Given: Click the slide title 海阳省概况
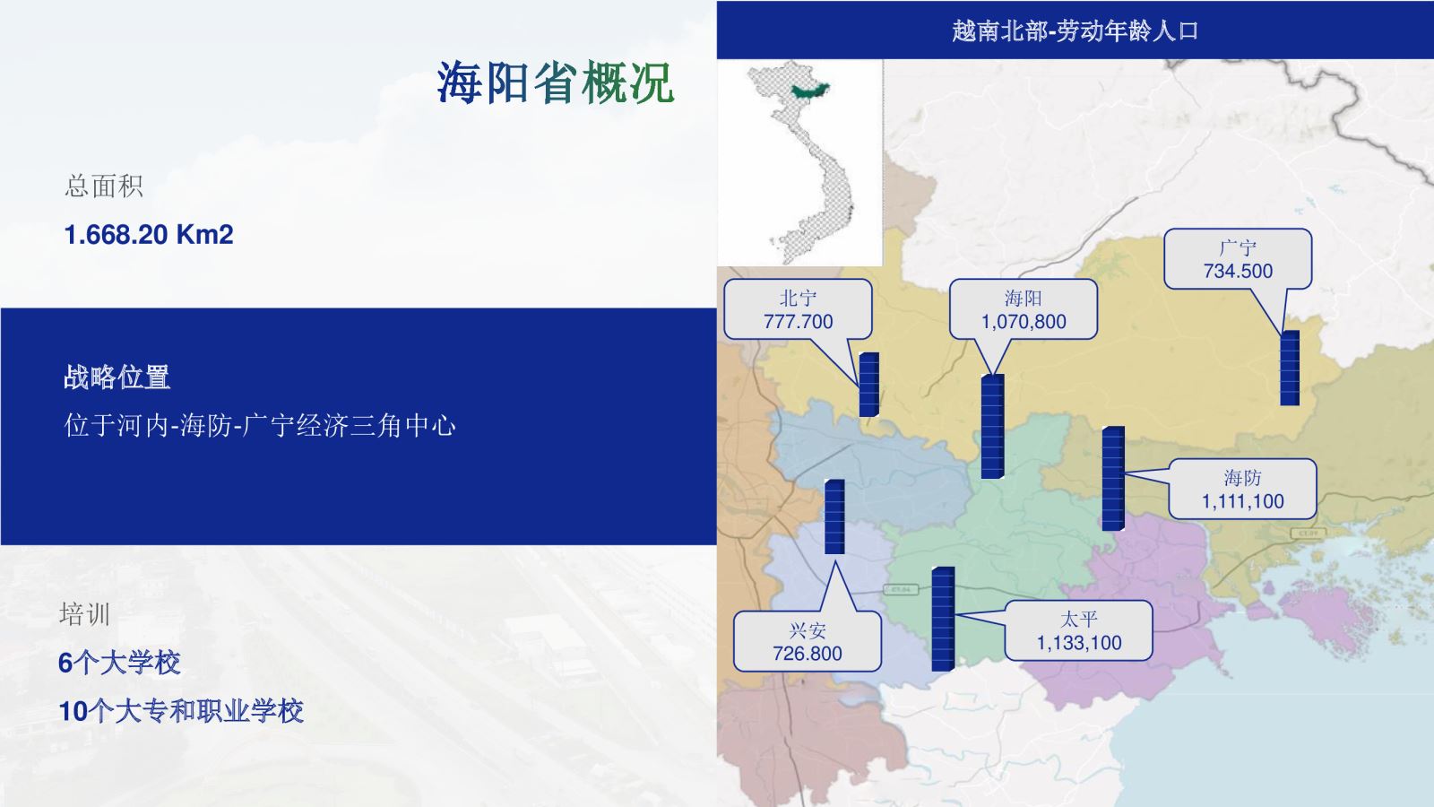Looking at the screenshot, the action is (x=555, y=82).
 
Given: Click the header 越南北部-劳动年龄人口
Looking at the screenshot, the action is (x=1075, y=30).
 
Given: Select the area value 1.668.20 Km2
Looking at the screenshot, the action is (x=149, y=234).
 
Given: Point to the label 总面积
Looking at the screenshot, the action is (x=104, y=187).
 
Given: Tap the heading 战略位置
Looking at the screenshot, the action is (x=117, y=377).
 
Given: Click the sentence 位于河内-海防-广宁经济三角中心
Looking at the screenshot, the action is (x=260, y=425).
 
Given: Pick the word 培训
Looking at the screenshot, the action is (x=84, y=613).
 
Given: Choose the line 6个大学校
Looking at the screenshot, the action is (x=119, y=663).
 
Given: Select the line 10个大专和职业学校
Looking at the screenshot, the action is (x=180, y=711).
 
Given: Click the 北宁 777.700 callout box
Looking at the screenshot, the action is (x=798, y=309).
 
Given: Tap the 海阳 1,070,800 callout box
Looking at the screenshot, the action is (x=1023, y=309).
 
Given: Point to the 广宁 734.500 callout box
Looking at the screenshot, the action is (x=1238, y=259).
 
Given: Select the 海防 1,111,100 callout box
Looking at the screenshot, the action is (x=1242, y=489).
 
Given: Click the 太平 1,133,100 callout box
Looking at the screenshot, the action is (x=1079, y=630).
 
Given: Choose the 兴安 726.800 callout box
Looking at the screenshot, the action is (x=807, y=641).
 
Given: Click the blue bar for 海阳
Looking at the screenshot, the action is (x=992, y=427).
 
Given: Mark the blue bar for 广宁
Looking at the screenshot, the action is (x=1290, y=368).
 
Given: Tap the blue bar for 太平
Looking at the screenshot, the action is (x=943, y=619).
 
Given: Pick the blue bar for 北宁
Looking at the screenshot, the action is (x=868, y=385).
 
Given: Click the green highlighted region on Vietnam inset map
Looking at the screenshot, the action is (x=810, y=91).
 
